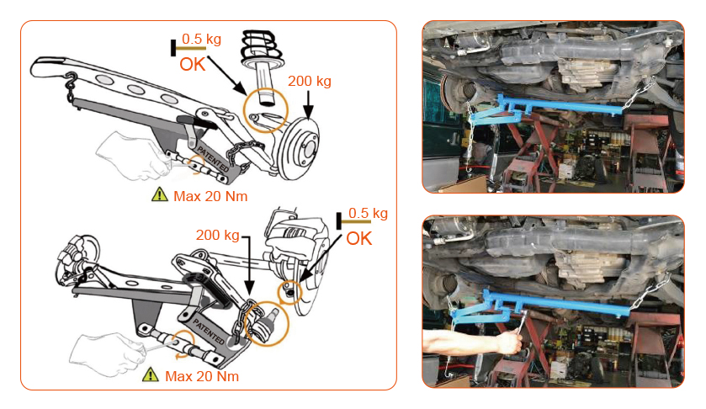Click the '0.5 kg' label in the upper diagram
(x=201, y=39)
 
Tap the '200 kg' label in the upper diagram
(x=310, y=81)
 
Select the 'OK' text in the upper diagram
(x=192, y=65)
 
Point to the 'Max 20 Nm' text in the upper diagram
(x=210, y=196)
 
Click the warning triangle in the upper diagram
(x=159, y=194)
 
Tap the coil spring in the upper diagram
(x=263, y=47)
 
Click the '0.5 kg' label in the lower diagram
(x=368, y=213)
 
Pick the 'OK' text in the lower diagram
(x=358, y=239)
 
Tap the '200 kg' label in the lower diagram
(x=217, y=235)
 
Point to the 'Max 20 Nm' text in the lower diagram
(x=202, y=376)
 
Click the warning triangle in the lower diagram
(x=151, y=374)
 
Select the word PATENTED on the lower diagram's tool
(x=208, y=331)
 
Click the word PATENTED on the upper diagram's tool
(x=213, y=158)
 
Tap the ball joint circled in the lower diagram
(x=267, y=322)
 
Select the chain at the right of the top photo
(x=638, y=93)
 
